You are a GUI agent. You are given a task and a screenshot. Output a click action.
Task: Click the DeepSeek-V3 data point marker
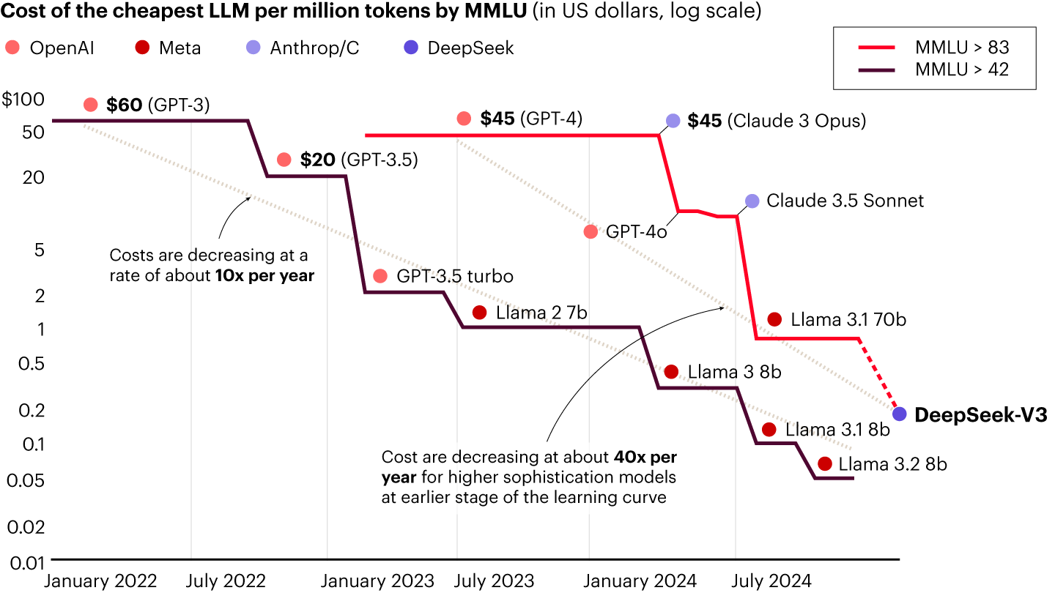pyautogui.click(x=900, y=414)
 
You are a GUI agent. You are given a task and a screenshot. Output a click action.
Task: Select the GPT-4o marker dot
pyautogui.click(x=591, y=232)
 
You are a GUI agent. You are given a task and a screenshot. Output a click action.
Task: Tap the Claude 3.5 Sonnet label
pyautogui.click(x=845, y=201)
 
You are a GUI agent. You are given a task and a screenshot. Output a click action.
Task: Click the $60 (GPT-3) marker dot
pyautogui.click(x=91, y=105)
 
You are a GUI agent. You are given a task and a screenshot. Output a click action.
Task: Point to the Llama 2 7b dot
pyautogui.click(x=480, y=313)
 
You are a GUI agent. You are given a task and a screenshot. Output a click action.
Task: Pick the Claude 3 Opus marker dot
pyautogui.click(x=673, y=121)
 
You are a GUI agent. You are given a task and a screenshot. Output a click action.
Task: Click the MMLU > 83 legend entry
pyautogui.click(x=934, y=48)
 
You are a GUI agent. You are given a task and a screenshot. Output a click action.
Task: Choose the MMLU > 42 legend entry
pyautogui.click(x=934, y=70)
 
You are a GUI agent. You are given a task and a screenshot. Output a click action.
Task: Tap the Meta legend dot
pyautogui.click(x=144, y=48)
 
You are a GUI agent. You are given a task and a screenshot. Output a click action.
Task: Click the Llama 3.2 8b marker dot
pyautogui.click(x=825, y=463)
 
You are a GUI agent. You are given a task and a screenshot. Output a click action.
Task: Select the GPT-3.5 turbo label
pyautogui.click(x=454, y=277)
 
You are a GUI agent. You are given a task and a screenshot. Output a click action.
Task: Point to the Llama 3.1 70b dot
pyautogui.click(x=774, y=319)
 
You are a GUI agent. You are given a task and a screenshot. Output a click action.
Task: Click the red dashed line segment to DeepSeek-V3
pyautogui.click(x=878, y=374)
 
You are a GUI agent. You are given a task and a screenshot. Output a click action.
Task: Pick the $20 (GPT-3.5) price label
pyautogui.click(x=358, y=160)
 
